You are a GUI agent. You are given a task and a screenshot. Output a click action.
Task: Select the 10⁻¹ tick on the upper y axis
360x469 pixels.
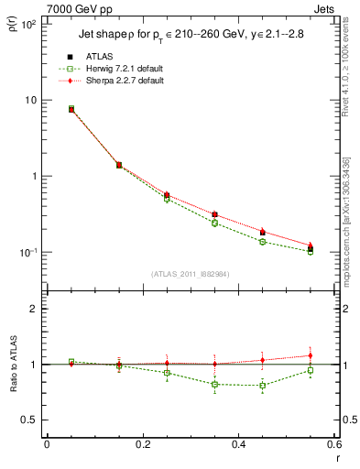(28, 253)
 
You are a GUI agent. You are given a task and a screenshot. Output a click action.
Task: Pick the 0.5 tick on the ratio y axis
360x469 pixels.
(32, 420)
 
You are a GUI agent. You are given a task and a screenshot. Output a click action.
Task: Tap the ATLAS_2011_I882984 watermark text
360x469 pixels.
(191, 274)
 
